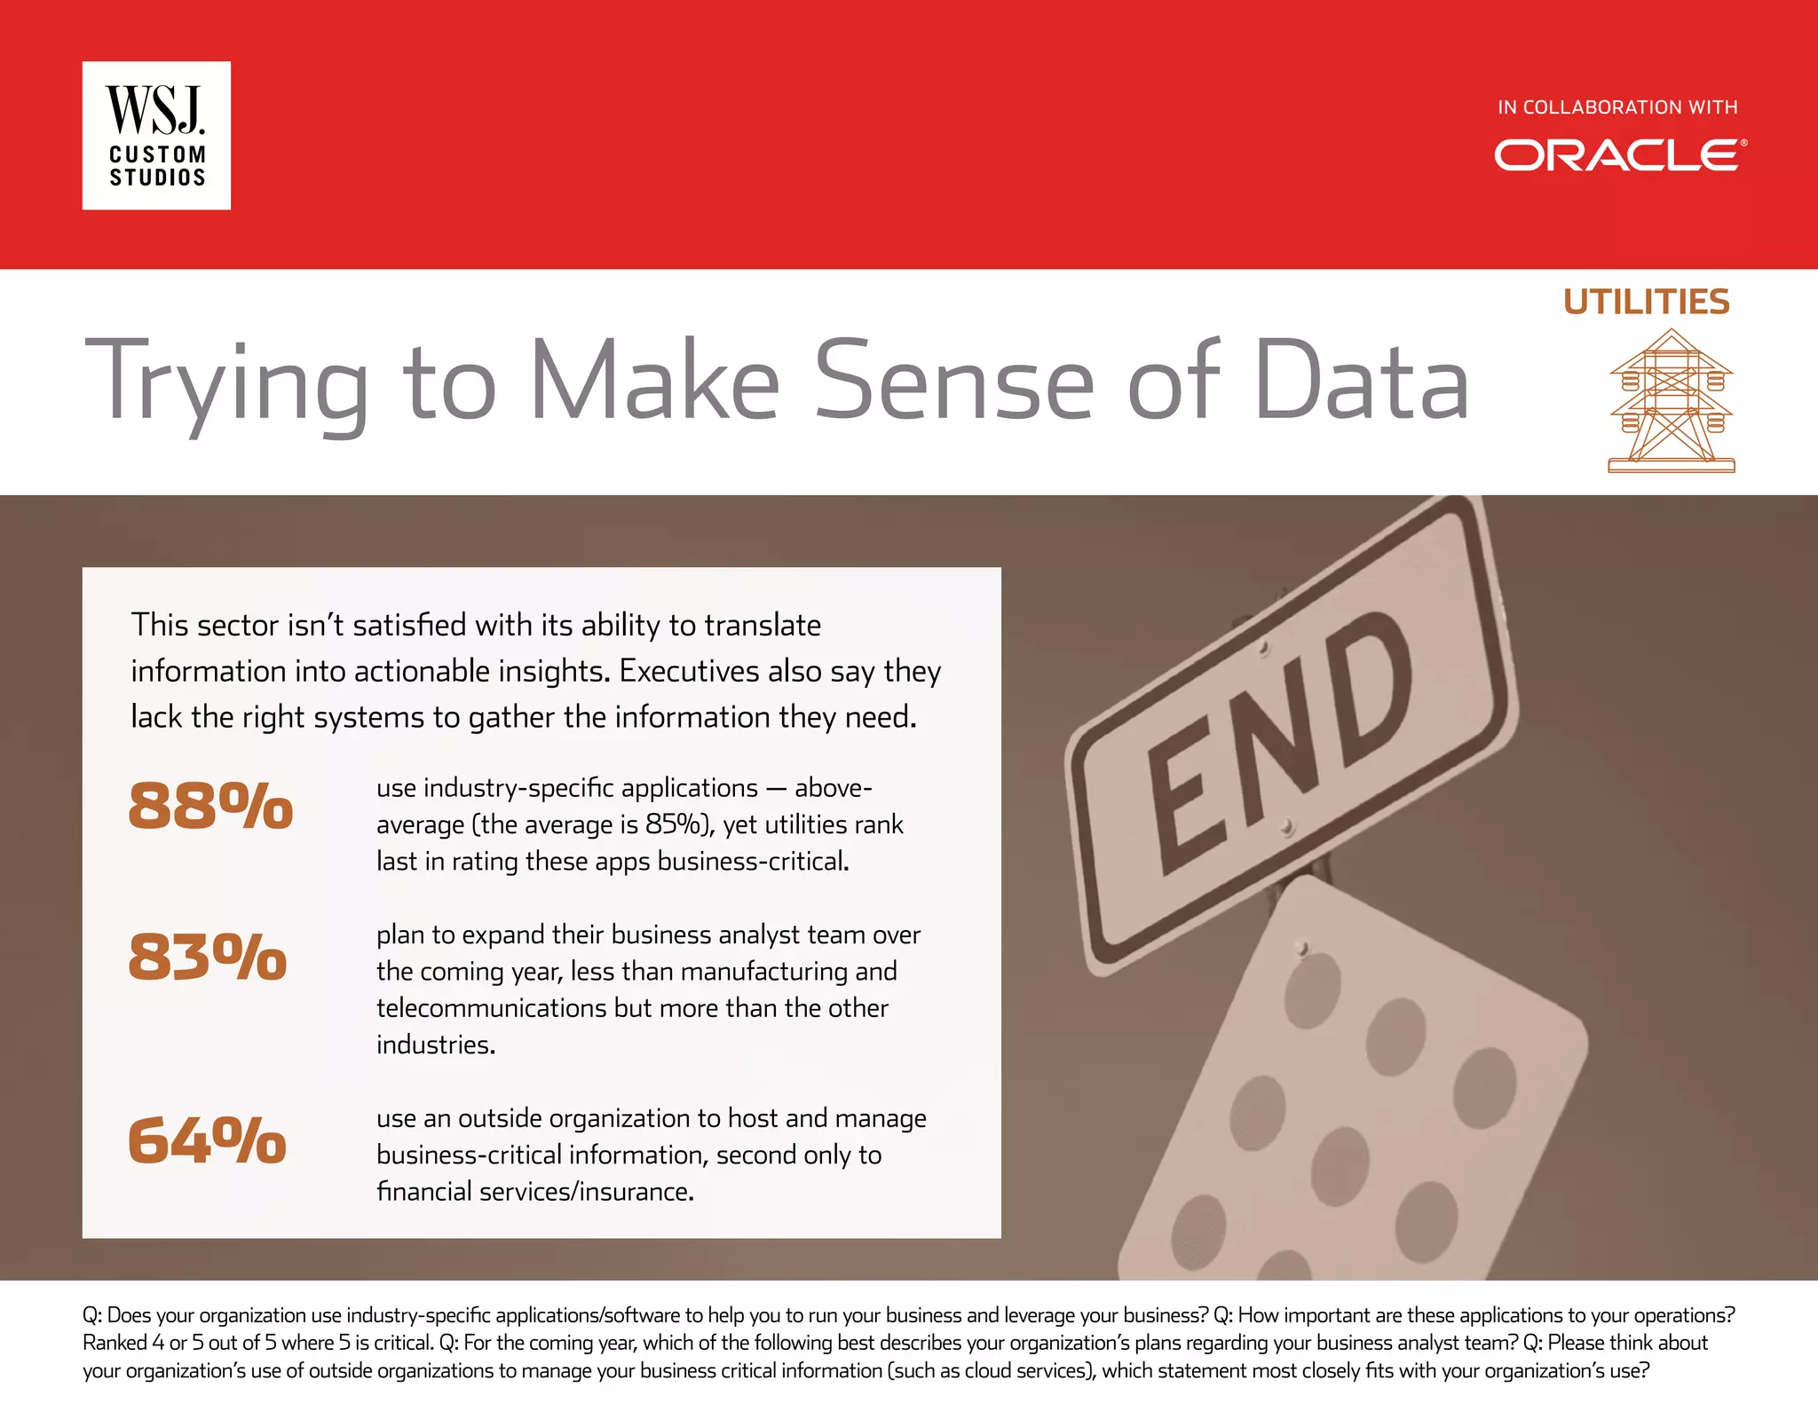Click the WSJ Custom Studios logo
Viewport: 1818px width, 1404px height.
156,136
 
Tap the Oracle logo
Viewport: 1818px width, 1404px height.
1619,155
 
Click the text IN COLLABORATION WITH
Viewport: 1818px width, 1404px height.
1617,107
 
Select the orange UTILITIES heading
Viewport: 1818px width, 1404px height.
1647,302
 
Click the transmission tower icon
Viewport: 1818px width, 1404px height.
1671,401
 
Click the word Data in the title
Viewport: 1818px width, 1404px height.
1362,382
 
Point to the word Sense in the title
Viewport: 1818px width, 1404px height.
954,382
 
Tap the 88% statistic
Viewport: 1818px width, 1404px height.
210,806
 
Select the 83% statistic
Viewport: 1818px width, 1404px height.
208,957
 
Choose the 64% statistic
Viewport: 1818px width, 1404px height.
208,1140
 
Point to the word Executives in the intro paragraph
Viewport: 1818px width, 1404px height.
689,671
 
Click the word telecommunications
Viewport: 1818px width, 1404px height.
533,1008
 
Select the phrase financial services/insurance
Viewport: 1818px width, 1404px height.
534,1191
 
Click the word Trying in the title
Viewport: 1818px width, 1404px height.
226,382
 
